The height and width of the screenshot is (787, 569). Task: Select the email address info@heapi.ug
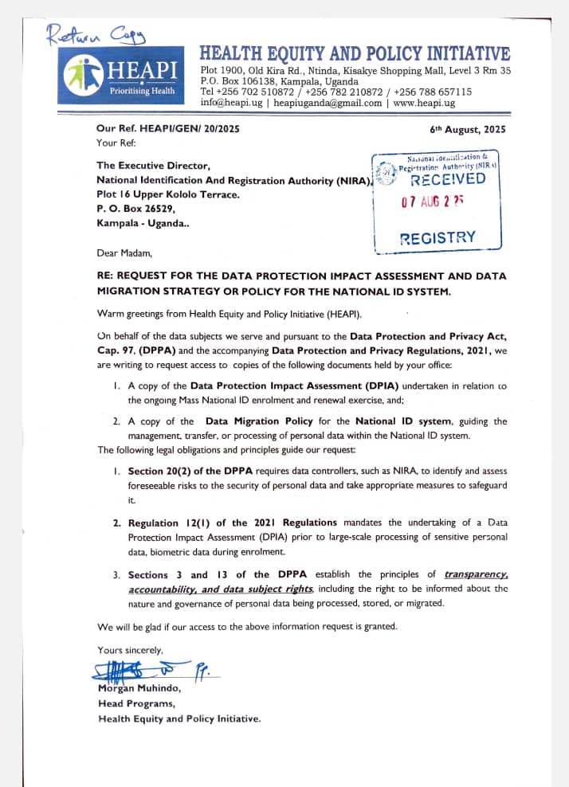(231, 103)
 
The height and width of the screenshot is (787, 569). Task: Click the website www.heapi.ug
(424, 103)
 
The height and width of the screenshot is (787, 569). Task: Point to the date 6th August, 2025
(467, 129)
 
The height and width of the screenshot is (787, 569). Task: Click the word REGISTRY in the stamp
(437, 237)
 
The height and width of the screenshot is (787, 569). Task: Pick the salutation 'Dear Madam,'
(123, 253)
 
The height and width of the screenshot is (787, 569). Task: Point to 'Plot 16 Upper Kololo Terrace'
(167, 194)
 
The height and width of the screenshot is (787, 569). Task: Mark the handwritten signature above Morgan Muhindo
(143, 671)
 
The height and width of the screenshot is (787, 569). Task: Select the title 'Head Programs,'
(132, 703)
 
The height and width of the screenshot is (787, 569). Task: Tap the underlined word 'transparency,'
(477, 574)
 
